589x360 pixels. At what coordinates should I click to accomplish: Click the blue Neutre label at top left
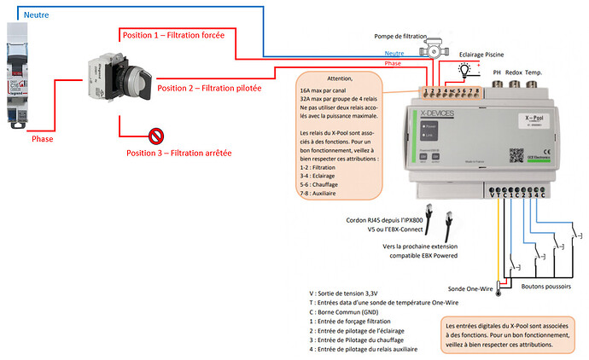click(36, 15)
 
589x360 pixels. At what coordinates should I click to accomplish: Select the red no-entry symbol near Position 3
click(156, 136)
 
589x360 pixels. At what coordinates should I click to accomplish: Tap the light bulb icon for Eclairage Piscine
click(464, 68)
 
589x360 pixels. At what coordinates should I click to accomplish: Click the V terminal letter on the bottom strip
click(493, 195)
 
